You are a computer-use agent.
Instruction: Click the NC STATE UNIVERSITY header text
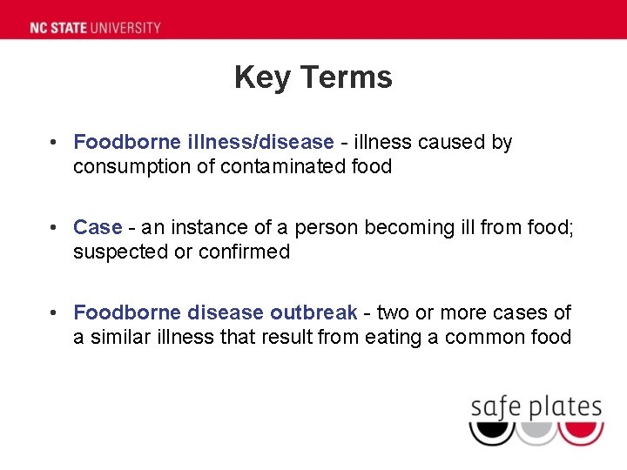click(95, 27)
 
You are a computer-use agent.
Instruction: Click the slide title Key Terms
click(313, 77)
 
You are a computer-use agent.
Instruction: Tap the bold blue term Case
click(98, 227)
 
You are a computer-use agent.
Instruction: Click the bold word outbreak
click(313, 312)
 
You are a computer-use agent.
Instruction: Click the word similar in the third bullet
click(118, 337)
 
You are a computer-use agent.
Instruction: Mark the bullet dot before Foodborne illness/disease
click(54, 142)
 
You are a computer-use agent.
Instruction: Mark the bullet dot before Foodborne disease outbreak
click(54, 312)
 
